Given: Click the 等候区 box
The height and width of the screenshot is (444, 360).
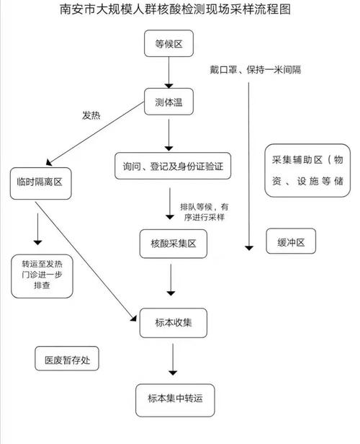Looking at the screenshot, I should click(x=169, y=45).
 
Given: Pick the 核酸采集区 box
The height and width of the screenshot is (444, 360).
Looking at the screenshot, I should click(x=173, y=244).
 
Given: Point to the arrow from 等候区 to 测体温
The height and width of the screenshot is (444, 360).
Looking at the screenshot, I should click(x=169, y=74).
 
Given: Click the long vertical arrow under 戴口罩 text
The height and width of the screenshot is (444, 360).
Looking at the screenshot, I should click(x=248, y=166).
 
